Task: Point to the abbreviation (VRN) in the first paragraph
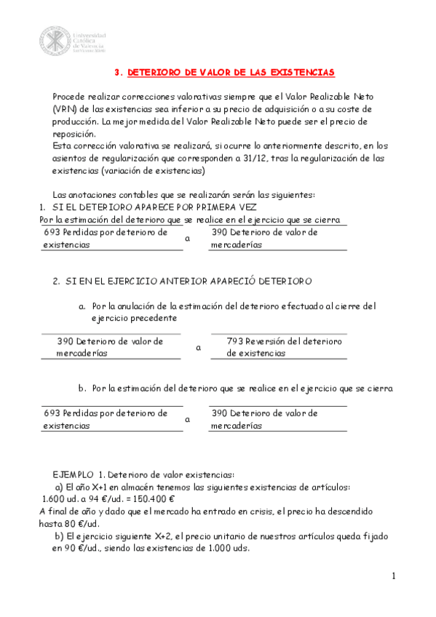[x=64, y=108]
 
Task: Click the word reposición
[x=74, y=133]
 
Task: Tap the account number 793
[x=235, y=341]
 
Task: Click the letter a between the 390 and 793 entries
[x=198, y=348]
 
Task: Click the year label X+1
[x=98, y=487]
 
